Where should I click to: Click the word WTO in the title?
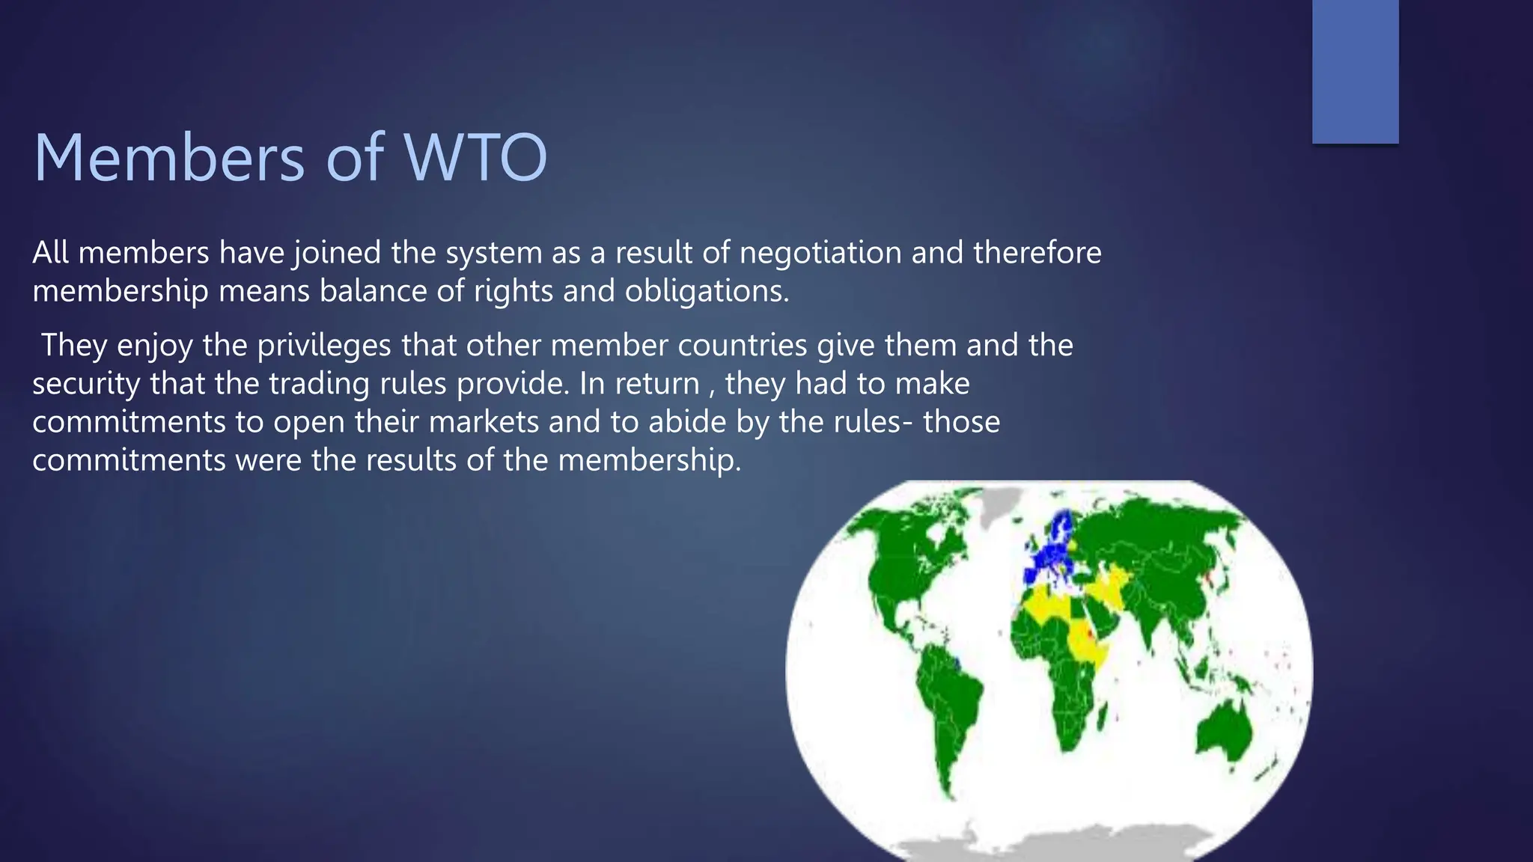click(476, 159)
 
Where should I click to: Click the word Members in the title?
click(169, 159)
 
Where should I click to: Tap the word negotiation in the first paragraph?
click(820, 253)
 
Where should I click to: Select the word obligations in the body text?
click(707, 291)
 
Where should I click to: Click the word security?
click(86, 384)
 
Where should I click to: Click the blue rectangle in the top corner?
click(1355, 71)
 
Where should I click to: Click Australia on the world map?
click(1224, 730)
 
